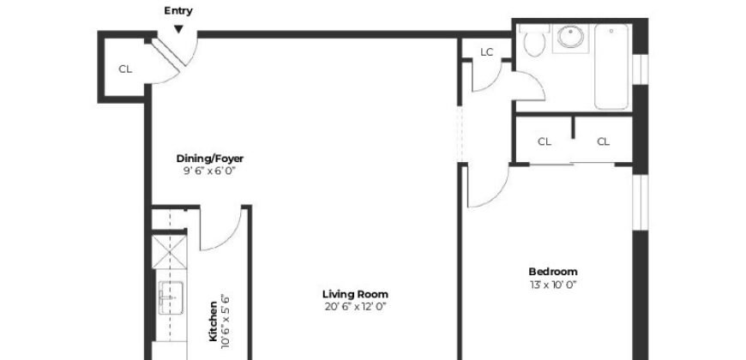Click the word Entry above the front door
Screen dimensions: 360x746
click(x=178, y=11)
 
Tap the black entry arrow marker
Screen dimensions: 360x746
click(x=178, y=28)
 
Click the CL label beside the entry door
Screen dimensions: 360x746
click(x=125, y=69)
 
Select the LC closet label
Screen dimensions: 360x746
click(x=487, y=52)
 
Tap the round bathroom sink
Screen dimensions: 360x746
click(x=569, y=39)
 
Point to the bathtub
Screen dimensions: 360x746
click(x=611, y=67)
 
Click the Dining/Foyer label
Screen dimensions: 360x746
click(x=210, y=159)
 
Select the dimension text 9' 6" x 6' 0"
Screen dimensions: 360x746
click(x=210, y=171)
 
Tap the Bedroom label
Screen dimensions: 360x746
click(x=552, y=272)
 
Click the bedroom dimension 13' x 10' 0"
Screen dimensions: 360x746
click(x=552, y=284)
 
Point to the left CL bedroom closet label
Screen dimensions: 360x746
click(x=544, y=141)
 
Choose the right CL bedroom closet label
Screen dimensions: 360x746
click(x=603, y=141)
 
